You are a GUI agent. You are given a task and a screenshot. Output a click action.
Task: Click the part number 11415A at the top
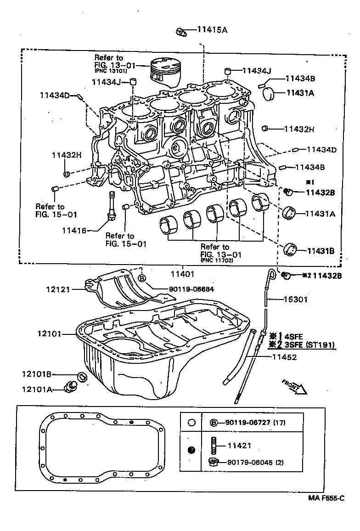[212, 31]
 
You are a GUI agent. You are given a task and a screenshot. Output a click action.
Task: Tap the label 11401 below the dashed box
[182, 274]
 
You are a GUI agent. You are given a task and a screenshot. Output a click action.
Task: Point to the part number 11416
[74, 230]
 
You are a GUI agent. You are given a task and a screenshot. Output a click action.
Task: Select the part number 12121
[57, 289]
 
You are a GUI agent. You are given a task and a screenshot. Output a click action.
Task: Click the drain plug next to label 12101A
[72, 386]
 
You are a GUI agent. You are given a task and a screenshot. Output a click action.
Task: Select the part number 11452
[285, 356]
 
